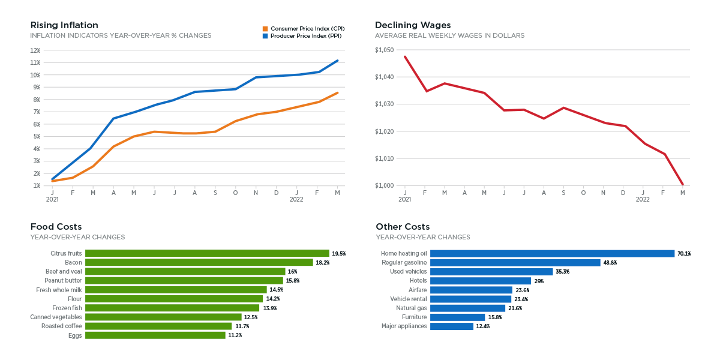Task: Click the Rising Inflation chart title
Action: [64, 25]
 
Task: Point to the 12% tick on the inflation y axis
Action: [35, 50]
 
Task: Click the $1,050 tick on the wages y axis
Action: [385, 50]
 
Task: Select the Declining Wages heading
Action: [413, 25]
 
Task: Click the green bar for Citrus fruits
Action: [207, 253]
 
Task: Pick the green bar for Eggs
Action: [155, 335]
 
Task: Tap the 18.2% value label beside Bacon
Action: [323, 263]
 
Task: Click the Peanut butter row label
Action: [63, 281]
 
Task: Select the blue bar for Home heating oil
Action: [552, 253]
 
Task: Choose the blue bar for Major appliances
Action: [452, 326]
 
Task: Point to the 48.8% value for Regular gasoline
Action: [610, 263]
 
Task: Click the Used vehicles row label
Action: [408, 272]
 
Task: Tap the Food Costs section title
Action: [55, 227]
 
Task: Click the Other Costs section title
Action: [403, 227]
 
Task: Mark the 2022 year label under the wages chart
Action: [643, 199]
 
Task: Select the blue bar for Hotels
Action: [481, 281]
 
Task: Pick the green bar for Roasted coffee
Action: [158, 326]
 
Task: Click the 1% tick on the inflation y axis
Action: [37, 186]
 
